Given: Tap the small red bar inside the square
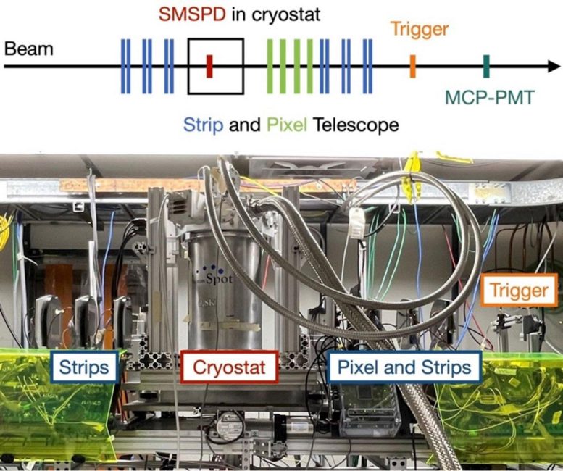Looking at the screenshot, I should (209, 65).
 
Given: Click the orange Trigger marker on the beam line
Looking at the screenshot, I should (412, 66).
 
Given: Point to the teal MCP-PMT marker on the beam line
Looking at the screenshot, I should (486, 66).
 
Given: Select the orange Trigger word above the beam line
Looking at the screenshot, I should (420, 30).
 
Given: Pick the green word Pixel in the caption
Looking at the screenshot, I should (287, 125).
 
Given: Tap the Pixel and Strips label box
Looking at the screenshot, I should (404, 367).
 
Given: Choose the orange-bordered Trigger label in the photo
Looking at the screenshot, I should (518, 291).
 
